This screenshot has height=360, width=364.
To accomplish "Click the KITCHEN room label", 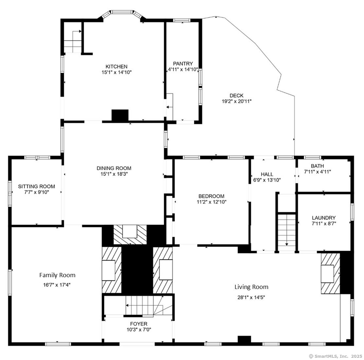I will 116,66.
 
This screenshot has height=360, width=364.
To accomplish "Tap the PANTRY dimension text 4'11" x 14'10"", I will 183,69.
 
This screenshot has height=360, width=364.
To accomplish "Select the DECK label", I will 236,96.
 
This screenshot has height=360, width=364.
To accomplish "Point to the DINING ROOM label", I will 114,168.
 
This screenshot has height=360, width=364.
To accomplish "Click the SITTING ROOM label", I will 36,186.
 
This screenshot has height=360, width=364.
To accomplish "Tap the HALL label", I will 267,174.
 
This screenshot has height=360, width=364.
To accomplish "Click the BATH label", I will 317,166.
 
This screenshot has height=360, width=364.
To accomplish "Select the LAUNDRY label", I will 323,218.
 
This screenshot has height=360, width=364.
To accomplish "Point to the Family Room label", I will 57,275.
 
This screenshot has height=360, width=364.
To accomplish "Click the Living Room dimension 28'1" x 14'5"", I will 251,297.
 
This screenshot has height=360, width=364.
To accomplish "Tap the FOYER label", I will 139,324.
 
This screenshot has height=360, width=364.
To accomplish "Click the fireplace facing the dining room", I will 130,234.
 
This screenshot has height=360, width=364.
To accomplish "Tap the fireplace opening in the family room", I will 109,270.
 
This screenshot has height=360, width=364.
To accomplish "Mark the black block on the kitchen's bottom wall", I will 120,115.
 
